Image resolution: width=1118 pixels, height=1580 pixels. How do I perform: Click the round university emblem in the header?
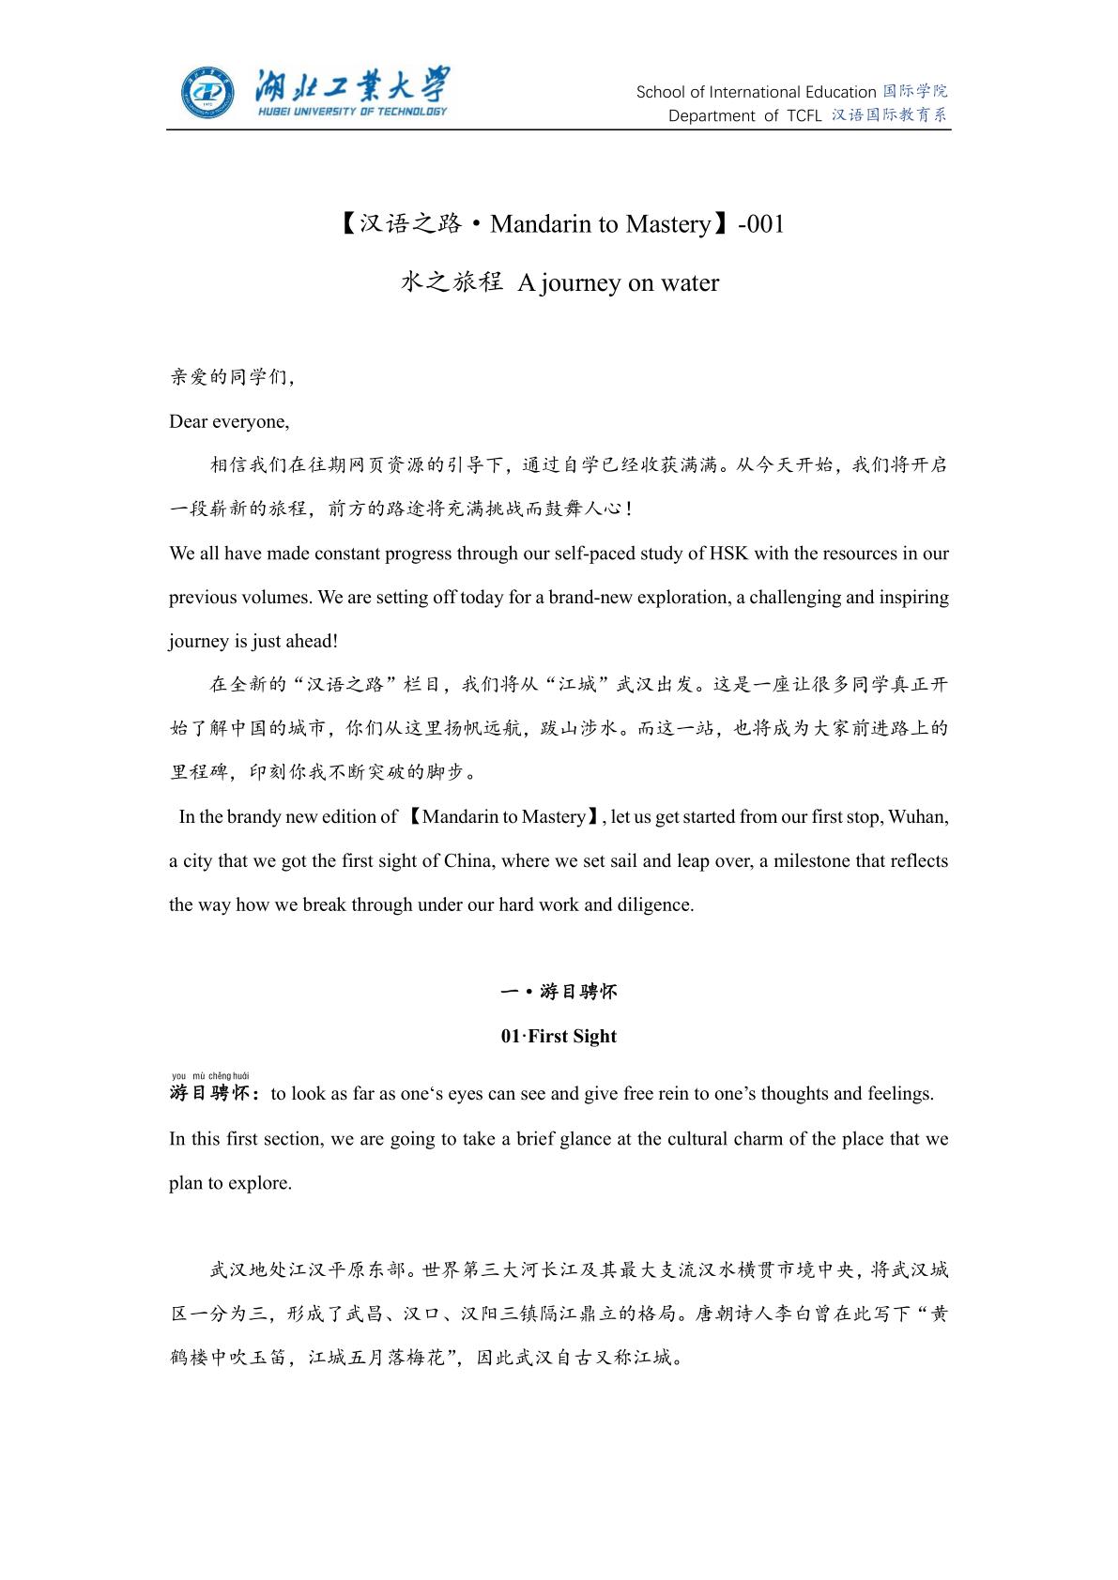(x=208, y=93)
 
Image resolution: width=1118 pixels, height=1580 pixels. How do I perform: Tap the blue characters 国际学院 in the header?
(x=915, y=91)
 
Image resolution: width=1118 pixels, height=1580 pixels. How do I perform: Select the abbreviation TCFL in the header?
(x=803, y=115)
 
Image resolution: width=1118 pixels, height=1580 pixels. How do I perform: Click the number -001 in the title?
(x=761, y=224)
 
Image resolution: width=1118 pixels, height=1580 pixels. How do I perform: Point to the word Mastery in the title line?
(x=667, y=224)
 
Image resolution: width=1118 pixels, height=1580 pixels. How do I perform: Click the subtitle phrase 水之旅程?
(x=452, y=282)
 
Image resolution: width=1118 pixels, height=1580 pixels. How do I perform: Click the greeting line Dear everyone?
(x=229, y=421)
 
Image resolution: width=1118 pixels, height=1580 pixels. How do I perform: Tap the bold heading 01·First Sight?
(x=559, y=1036)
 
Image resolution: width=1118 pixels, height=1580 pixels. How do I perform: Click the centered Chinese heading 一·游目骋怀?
(x=559, y=992)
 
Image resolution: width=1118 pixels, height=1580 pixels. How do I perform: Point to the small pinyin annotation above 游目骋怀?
(x=210, y=1075)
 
